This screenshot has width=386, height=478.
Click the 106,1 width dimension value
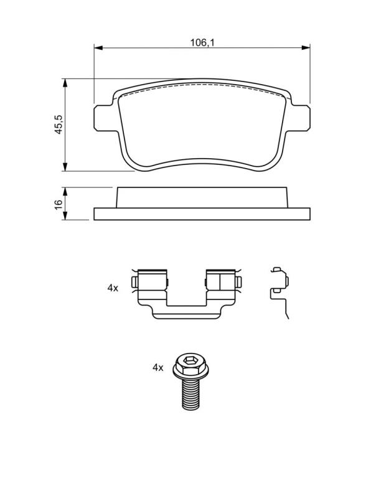[202, 43]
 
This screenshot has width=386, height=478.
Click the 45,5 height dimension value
[59, 124]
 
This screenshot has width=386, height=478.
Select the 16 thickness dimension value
[59, 204]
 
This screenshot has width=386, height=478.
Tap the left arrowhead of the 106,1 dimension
[98, 47]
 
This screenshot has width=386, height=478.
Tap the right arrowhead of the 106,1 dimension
[306, 47]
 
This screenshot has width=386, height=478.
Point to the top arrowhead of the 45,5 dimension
[65, 83]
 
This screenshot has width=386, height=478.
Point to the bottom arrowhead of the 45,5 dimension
[65, 167]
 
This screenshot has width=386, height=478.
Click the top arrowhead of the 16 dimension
[65, 192]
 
